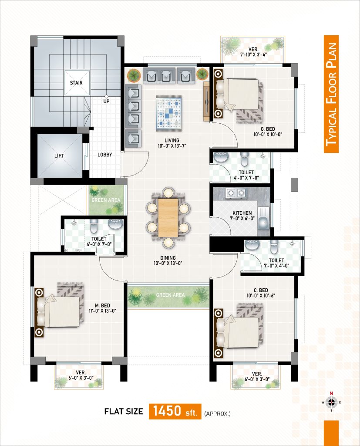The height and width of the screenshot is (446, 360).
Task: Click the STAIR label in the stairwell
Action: pos(76,83)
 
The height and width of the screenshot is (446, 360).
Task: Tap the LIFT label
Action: pos(59,155)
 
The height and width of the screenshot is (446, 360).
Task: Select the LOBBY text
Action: pos(104,155)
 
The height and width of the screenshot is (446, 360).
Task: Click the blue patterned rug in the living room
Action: pos(168,113)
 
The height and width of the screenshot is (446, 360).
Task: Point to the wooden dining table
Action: pos(168,218)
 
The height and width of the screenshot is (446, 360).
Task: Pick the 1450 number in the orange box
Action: pos(167,411)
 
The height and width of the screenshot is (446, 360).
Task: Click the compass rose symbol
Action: pos(331,402)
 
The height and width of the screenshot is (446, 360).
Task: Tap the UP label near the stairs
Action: pos(106,101)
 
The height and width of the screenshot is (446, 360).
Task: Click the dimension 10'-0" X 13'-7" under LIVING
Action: pos(172,146)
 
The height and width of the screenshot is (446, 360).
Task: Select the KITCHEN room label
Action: pos(242,213)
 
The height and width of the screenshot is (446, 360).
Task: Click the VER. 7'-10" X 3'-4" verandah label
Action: pos(253,52)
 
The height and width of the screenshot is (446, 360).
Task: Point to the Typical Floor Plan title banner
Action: pos(331,94)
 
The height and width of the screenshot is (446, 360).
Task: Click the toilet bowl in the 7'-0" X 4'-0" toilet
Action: pos(274,247)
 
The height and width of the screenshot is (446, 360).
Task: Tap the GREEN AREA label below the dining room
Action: pos(170,295)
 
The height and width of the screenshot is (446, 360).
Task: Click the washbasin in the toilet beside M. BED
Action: pos(115,224)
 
